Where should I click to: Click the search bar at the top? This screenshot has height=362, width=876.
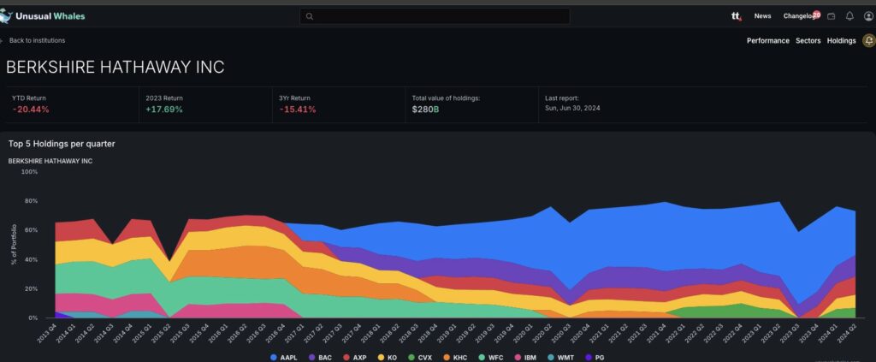click(435, 16)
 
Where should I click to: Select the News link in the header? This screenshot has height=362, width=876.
click(762, 16)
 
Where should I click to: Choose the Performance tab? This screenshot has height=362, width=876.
click(767, 40)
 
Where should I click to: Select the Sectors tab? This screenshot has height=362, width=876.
click(808, 40)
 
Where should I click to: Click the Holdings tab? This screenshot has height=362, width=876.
click(841, 40)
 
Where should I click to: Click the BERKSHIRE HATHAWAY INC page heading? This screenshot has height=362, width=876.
click(115, 68)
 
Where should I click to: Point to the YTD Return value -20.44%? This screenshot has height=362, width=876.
click(31, 110)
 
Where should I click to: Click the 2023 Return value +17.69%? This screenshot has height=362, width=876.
click(164, 110)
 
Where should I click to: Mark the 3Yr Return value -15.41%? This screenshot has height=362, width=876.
click(298, 110)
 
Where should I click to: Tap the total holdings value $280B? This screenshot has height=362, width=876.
click(425, 110)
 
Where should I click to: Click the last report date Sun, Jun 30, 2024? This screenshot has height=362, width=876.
click(581, 110)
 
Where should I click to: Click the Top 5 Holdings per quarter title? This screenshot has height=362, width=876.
click(62, 144)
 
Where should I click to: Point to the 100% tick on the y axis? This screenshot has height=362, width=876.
click(29, 172)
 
